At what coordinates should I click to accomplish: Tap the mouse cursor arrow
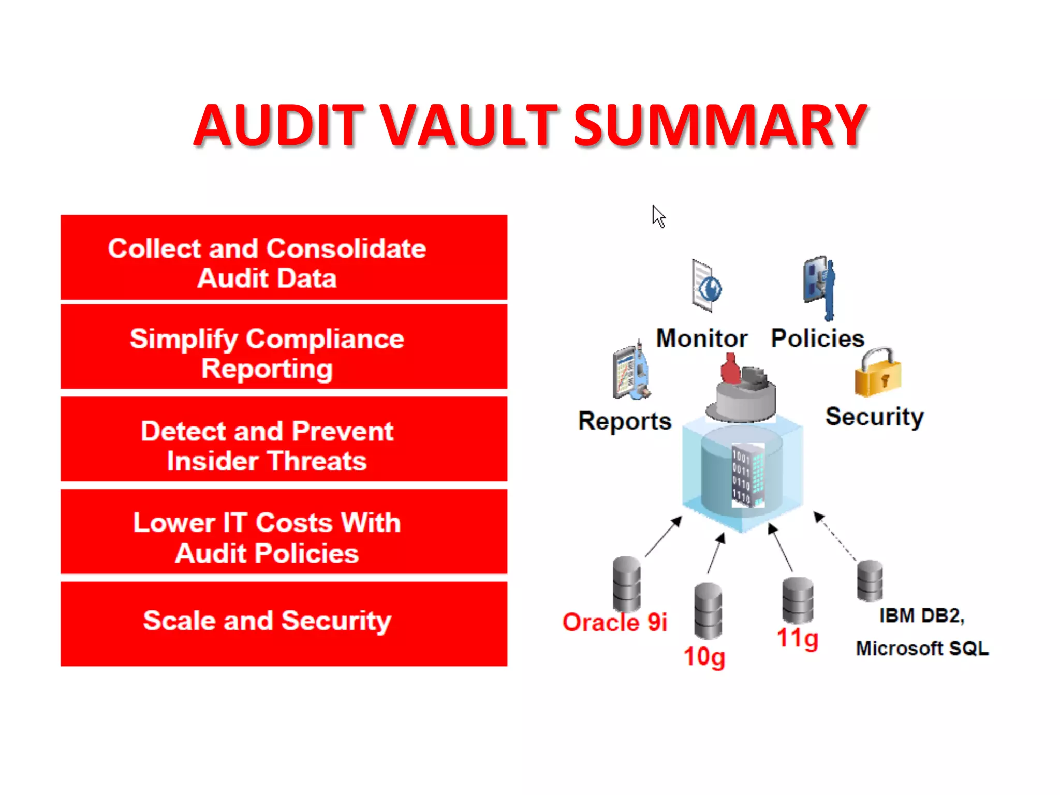658,216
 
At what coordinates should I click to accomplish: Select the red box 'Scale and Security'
284,623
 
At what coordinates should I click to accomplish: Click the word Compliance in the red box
325,340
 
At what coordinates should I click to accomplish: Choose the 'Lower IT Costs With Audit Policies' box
284,532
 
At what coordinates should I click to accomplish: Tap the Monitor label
701,338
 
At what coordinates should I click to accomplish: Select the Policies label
817,338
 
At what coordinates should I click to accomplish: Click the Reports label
624,421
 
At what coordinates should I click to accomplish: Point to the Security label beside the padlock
874,417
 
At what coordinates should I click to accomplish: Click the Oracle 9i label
614,622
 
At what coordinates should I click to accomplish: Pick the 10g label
704,657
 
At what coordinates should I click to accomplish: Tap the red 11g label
797,638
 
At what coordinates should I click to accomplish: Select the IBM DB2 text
921,615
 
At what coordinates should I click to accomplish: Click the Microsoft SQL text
922,648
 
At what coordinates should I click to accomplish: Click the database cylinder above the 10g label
708,611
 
